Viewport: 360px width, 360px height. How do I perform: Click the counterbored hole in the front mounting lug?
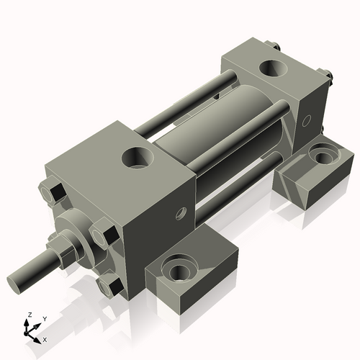point(179,271)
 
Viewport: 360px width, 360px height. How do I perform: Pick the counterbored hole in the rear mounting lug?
point(320,153)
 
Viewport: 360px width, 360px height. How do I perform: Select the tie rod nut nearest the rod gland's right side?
point(101,234)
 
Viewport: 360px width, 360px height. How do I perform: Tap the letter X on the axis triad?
point(45,338)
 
